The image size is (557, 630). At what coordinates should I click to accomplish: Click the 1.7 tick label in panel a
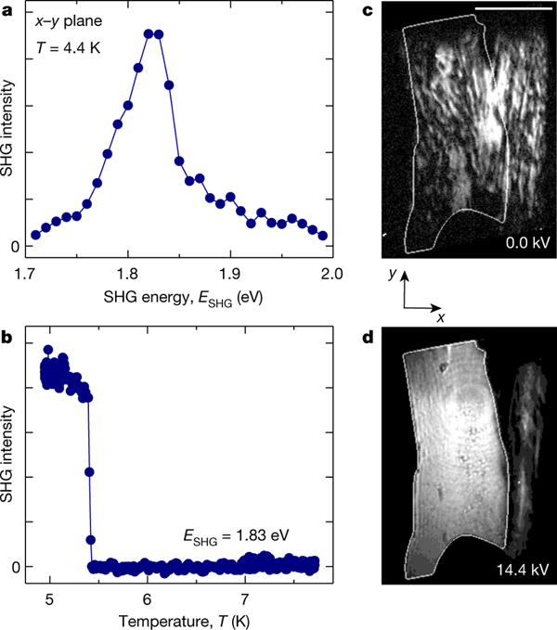tap(29, 274)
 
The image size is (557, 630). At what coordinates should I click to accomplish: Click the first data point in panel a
tap(35, 235)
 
